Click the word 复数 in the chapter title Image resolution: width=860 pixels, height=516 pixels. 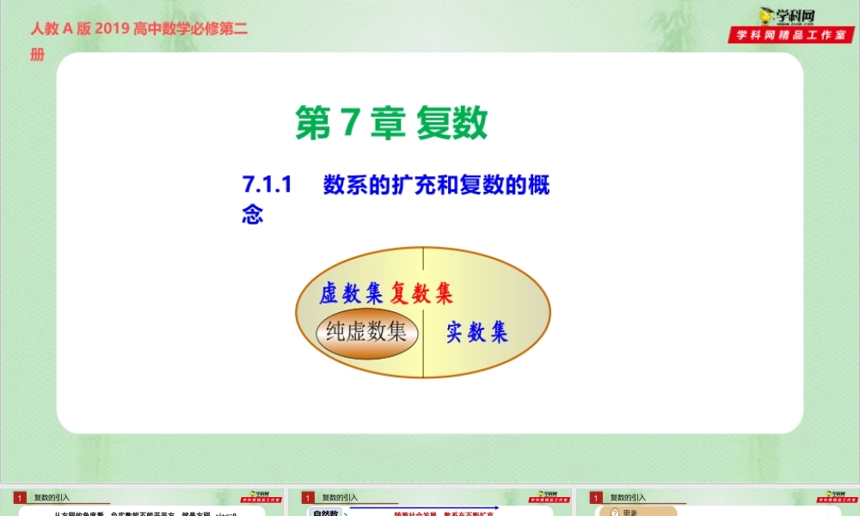point(452,123)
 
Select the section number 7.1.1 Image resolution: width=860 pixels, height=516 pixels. point(267,185)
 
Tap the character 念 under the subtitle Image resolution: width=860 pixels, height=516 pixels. point(252,214)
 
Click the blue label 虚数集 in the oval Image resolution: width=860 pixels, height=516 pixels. point(350,294)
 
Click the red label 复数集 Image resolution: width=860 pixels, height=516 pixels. point(421,294)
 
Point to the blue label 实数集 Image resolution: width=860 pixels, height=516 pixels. point(476,332)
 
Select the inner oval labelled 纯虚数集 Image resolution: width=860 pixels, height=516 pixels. point(367,332)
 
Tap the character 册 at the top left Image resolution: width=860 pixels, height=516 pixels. point(37,54)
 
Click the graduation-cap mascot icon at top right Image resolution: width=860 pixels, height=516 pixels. point(765,15)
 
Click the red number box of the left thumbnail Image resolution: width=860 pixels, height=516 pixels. point(20,497)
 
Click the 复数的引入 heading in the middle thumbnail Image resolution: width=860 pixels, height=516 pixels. point(340,497)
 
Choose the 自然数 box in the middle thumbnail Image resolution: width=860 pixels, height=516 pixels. point(326,513)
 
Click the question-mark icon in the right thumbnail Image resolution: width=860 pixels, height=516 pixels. point(614,513)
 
